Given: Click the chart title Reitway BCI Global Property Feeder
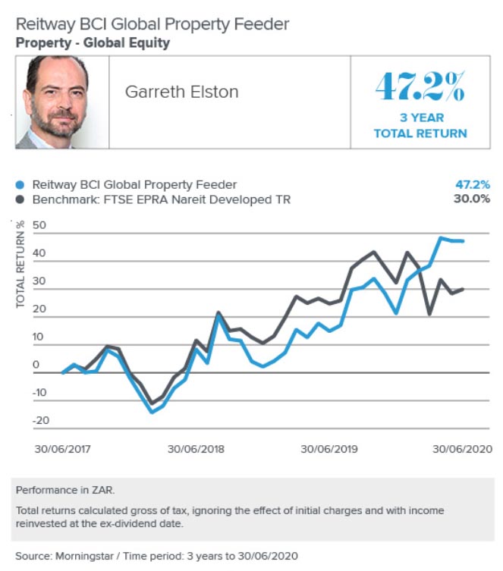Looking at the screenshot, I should click(x=152, y=24).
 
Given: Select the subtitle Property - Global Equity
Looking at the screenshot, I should click(x=93, y=43).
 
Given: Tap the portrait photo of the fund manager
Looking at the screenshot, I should click(x=61, y=102).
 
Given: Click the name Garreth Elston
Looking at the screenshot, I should click(x=181, y=93).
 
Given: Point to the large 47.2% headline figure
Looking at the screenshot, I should click(x=420, y=88).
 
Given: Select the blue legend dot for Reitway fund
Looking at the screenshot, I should click(x=20, y=184).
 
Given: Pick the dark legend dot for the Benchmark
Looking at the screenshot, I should click(x=20, y=199).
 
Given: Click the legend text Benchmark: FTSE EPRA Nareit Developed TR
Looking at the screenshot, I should click(x=161, y=199).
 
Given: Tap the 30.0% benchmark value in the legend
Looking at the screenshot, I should click(x=474, y=199).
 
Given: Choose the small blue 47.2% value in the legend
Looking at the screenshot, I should click(x=474, y=184).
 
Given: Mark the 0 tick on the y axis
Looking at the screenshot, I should click(x=36, y=365).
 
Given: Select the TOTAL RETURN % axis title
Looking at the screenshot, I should click(x=20, y=264).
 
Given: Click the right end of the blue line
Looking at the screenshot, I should click(x=463, y=241).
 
